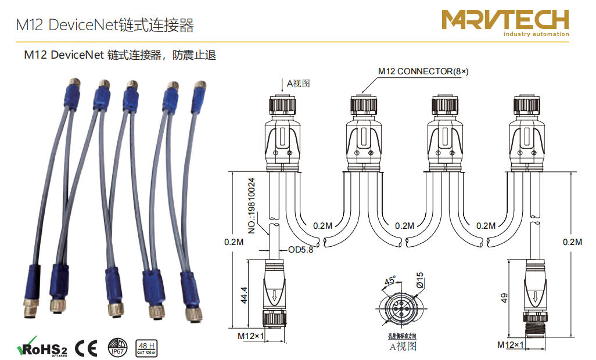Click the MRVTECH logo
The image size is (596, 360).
(505, 20)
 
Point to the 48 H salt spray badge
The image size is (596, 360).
(145, 347)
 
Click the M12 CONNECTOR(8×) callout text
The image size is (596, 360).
(423, 71)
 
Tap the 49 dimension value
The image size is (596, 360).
(504, 297)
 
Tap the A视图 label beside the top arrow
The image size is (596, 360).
(298, 83)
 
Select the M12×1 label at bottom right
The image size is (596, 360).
(511, 344)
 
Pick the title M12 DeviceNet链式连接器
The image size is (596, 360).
(105, 25)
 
